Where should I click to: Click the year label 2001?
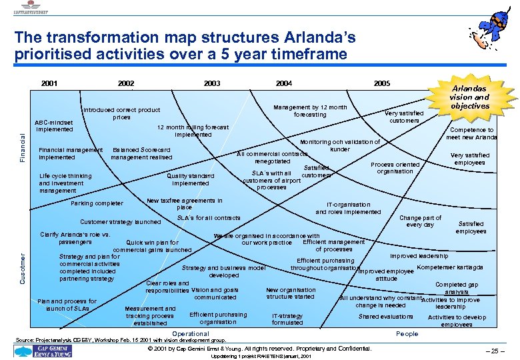49,83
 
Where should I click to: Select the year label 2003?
212,83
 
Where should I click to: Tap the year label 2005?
382,83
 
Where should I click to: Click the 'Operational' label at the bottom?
191,333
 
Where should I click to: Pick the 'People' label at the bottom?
407,333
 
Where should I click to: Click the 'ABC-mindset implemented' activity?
55,125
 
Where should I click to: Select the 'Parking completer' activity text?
97,203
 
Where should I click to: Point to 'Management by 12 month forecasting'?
311,111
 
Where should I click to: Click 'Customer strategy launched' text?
120,221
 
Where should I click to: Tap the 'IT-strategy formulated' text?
287,319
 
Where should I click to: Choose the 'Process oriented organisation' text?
395,167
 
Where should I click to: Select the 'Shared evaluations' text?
385,316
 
